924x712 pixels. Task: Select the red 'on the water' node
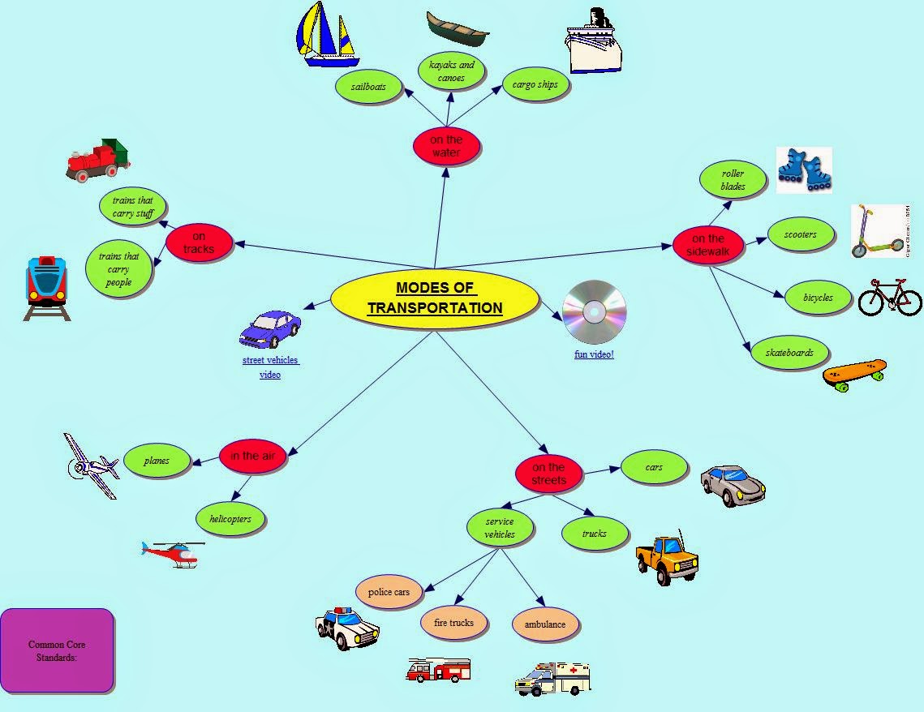446,146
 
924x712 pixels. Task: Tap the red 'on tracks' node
200,242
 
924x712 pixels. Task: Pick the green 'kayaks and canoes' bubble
451,71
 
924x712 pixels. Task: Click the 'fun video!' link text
594,354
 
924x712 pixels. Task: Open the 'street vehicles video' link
270,367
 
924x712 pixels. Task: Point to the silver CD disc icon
595,312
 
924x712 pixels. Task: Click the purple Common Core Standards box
57,650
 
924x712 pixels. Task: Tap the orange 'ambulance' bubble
545,624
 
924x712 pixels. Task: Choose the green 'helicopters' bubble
230,519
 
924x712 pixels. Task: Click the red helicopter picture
171,554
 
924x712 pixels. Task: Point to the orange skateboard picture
854,374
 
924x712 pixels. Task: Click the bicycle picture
889,298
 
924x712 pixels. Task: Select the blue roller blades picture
804,169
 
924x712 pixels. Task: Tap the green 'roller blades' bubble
733,180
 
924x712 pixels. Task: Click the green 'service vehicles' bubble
500,529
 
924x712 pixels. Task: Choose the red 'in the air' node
252,456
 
